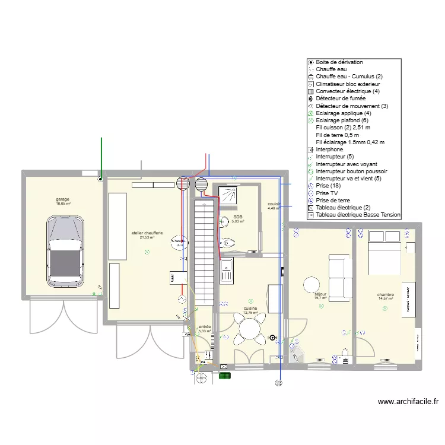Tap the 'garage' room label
pos(63,199)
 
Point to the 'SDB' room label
pos(237,217)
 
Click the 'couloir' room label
pos(274,204)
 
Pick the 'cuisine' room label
pos(250,309)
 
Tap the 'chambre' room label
pos(386,294)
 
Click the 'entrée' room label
pos(204,327)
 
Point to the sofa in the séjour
pos(339,277)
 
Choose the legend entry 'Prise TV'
pos(330,193)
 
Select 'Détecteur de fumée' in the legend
pos(341,98)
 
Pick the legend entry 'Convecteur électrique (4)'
pos(343,91)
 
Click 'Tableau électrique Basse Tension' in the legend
pos(358,215)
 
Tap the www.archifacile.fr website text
pos(408,402)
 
